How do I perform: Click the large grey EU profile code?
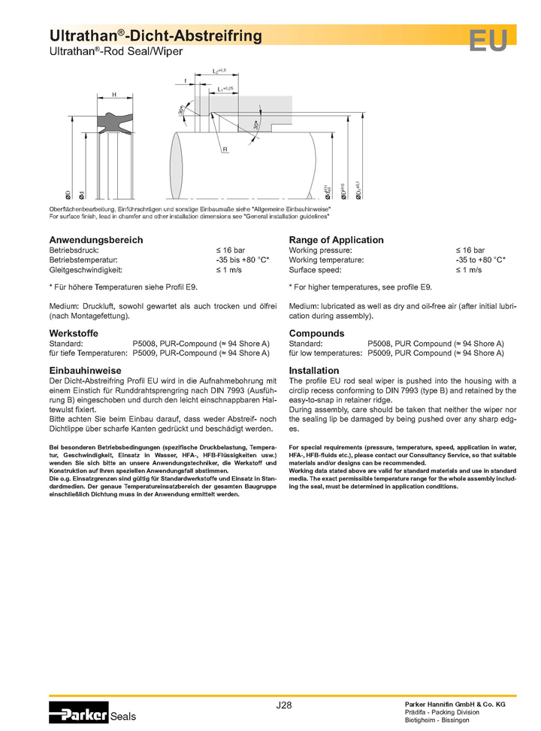488,41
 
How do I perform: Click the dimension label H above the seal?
114,95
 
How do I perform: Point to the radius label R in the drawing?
225,150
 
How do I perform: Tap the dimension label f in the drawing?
185,80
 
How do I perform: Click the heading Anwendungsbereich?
95,240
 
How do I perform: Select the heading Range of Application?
336,240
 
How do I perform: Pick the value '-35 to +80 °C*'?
480,259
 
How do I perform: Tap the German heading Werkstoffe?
74,332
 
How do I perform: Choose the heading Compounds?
316,333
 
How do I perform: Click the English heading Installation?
314,371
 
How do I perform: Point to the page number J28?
284,705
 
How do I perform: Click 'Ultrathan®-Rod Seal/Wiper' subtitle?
116,52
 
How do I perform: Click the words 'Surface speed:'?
315,269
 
